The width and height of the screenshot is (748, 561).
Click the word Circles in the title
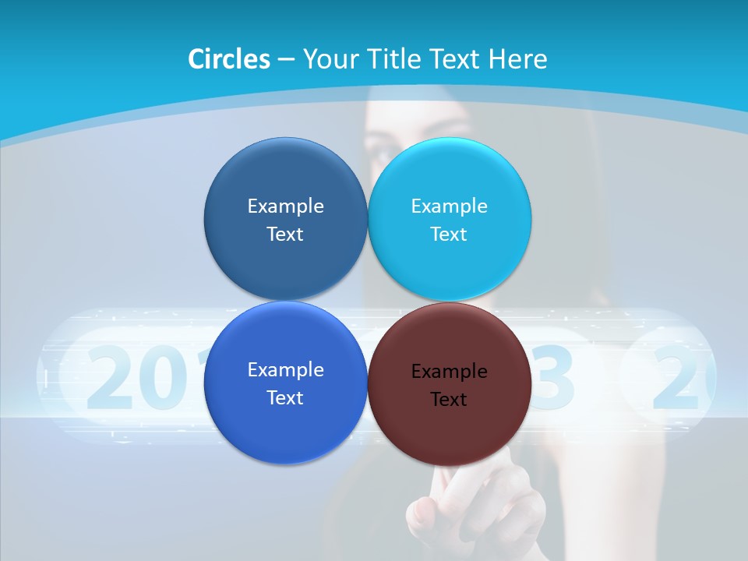[228, 59]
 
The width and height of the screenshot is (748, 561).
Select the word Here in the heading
[518, 59]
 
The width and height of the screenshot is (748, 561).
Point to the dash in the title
[286, 60]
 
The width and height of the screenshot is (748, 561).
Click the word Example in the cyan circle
[450, 206]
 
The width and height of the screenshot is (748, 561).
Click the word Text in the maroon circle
[449, 400]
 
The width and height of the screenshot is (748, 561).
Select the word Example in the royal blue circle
[285, 369]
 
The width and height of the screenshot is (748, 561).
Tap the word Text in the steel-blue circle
[285, 235]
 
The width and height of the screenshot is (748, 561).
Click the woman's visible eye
[384, 154]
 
